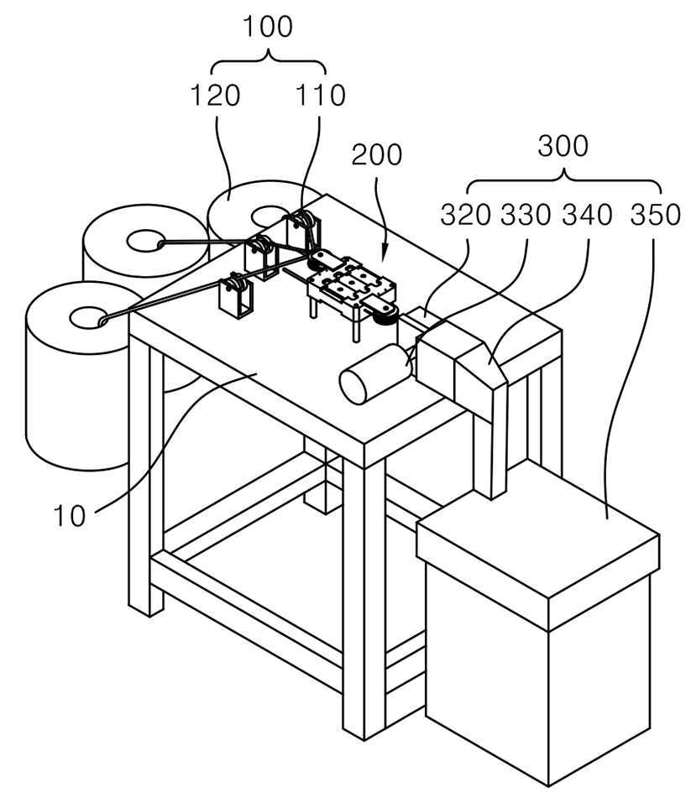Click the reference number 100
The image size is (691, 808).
267,28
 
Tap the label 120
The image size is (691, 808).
216,96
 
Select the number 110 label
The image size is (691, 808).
320,96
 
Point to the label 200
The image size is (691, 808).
376,154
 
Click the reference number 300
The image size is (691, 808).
563,146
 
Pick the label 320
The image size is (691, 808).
465,215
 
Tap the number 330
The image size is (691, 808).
526,215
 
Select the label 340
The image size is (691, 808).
587,215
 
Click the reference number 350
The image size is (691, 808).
656,215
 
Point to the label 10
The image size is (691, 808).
69,515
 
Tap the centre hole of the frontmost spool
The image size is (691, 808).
90,317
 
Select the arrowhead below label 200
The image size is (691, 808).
383,256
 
